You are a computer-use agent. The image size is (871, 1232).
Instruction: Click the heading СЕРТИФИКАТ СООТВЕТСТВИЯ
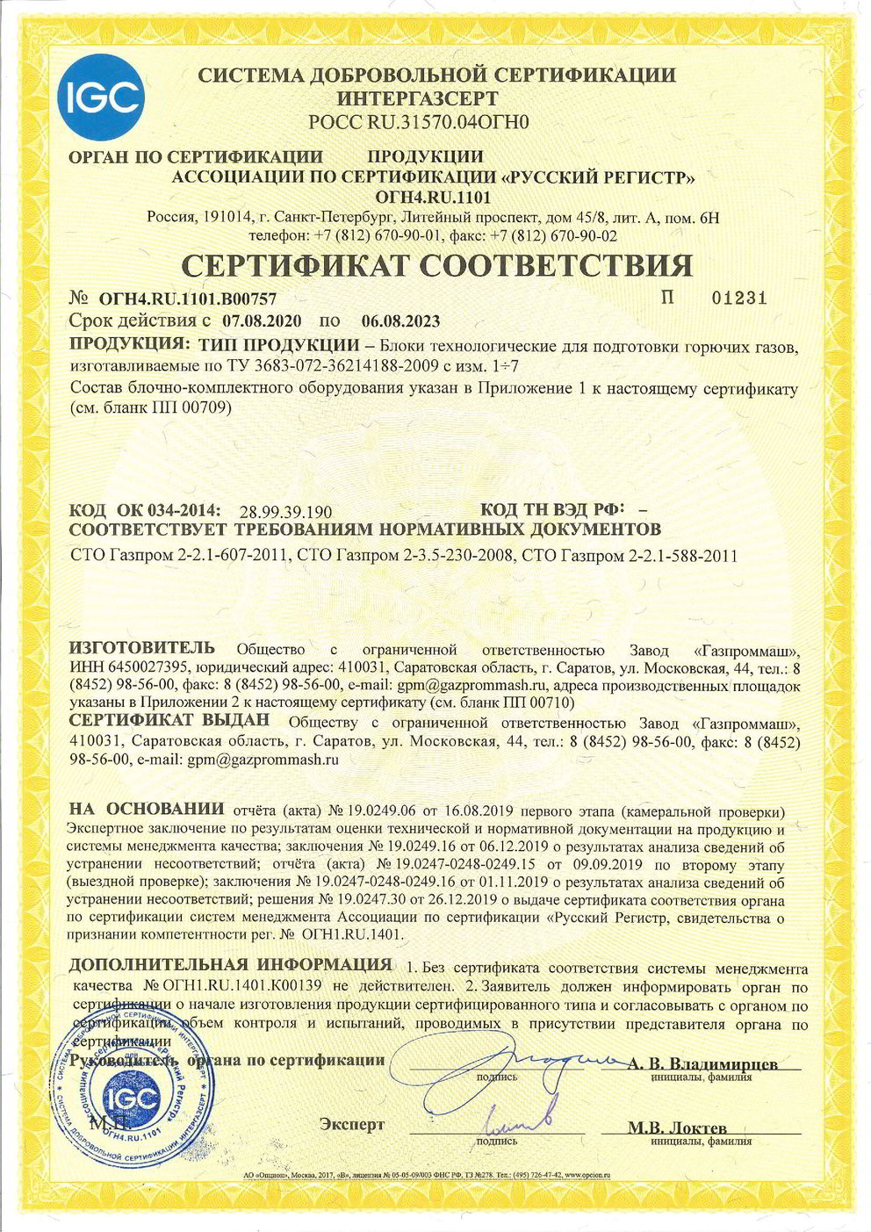coord(436,264)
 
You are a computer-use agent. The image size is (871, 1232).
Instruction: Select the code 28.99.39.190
coord(284,511)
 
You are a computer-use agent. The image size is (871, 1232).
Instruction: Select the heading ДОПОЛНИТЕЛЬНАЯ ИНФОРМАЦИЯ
coord(229,967)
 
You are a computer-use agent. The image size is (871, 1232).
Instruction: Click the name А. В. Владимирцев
coord(702,1063)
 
